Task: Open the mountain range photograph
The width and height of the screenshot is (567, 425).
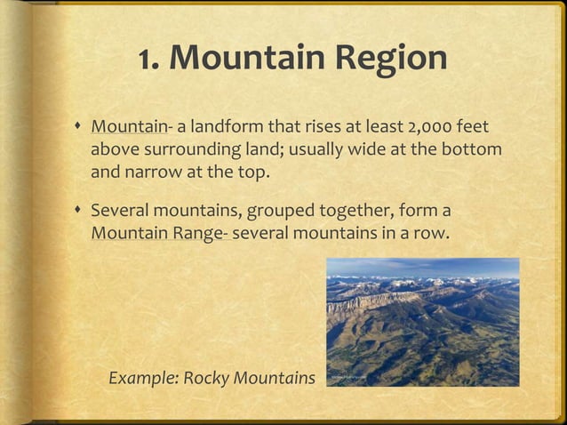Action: point(422,322)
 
